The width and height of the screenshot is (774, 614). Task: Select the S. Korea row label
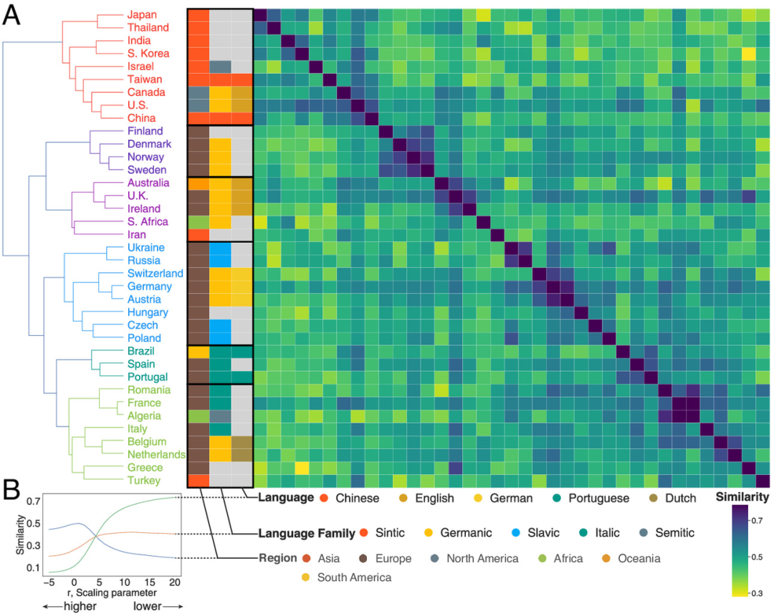point(148,53)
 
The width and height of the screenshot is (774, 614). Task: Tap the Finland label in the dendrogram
point(145,131)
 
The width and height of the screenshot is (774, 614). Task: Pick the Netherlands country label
point(158,454)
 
